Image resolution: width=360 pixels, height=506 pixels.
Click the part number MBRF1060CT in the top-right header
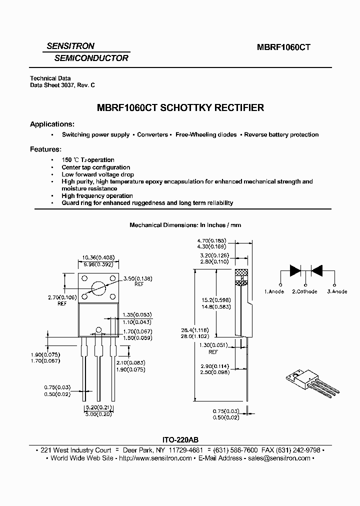(284, 47)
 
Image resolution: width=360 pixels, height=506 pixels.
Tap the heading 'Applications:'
(52, 124)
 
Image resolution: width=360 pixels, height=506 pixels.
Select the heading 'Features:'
(46, 149)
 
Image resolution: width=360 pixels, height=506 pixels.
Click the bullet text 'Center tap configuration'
(96, 167)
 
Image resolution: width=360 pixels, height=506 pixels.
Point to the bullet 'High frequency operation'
(97, 196)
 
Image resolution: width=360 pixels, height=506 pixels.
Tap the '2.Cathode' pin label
(304, 291)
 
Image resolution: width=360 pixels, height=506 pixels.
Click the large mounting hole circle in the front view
(99, 288)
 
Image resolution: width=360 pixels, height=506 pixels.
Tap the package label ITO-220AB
(179, 440)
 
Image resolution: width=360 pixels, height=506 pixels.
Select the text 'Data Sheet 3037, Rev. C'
(62, 85)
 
